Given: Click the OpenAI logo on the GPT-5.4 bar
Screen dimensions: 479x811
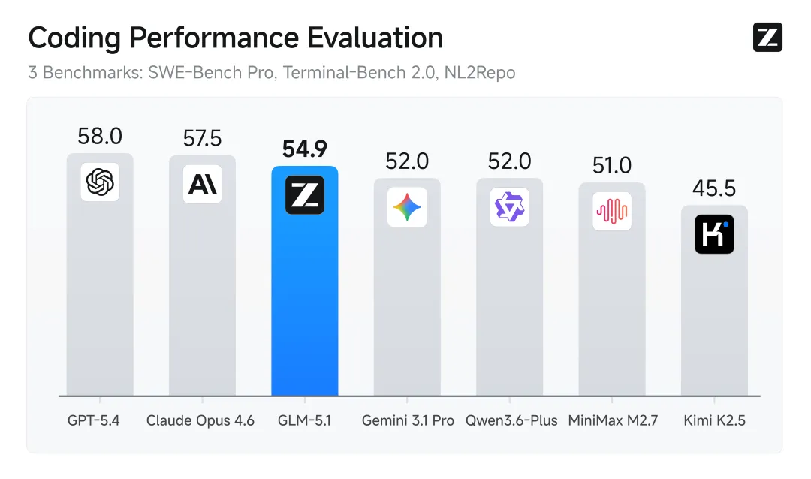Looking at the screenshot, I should pos(100,182).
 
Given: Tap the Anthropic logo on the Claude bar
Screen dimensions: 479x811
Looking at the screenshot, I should pos(202,184).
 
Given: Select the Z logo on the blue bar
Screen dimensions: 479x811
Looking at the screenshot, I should pos(305,195).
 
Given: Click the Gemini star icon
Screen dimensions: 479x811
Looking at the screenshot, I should pos(407,207).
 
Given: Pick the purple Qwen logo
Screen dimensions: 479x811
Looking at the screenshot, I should pos(509,207).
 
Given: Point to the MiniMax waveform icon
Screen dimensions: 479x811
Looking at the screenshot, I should pos(612,211).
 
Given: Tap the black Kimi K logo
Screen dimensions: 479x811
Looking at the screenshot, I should pos(714,234).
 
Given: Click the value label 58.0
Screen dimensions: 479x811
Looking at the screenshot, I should pos(100,137).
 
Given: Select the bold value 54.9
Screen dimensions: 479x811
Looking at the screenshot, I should pos(305,149).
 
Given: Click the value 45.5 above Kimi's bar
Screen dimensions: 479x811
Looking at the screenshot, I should pos(714,188).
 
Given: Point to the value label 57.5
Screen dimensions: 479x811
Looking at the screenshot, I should pos(202,138).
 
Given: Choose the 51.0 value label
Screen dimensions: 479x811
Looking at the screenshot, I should pos(612,165).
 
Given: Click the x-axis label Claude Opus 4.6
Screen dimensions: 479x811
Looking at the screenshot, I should pos(200,420).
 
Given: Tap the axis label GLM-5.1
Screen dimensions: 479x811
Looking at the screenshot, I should pos(304,420).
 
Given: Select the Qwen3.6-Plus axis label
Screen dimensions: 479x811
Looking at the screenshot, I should pos(511,420).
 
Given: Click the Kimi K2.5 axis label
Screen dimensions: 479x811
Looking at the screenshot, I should pos(714,420).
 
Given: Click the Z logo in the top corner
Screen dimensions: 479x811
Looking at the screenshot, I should pos(767,38).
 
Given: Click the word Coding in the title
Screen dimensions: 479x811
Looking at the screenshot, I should pos(71,38).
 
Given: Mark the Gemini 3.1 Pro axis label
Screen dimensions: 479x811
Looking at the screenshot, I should pos(408,420).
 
